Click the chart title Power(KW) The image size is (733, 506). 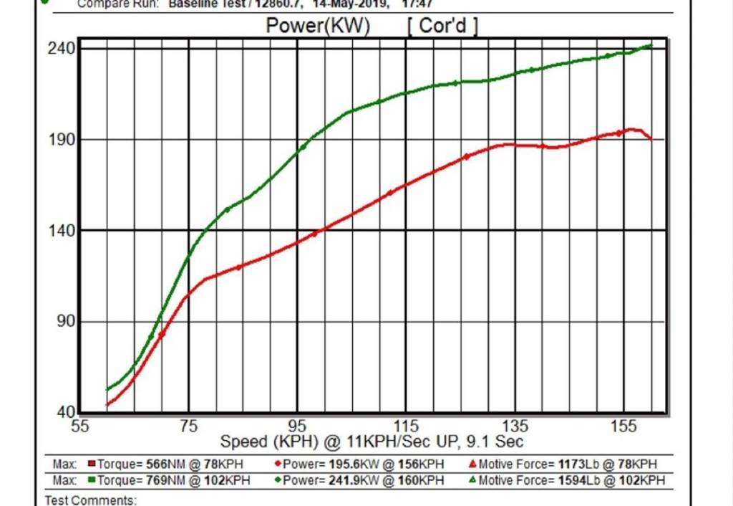point(317,27)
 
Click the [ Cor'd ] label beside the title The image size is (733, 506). point(443,27)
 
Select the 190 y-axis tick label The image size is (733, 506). point(62,140)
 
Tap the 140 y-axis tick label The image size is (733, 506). point(62,231)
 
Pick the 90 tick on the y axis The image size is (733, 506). point(66,322)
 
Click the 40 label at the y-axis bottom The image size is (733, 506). point(66,413)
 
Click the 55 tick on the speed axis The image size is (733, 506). point(81,426)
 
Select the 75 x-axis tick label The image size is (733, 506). point(189,426)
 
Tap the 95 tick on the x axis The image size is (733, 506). point(298,426)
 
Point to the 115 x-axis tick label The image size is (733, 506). point(406,426)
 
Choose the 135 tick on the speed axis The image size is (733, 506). point(515,426)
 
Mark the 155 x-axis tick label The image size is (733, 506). point(623,426)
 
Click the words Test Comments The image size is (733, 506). point(91,500)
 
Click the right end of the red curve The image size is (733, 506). point(651,139)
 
